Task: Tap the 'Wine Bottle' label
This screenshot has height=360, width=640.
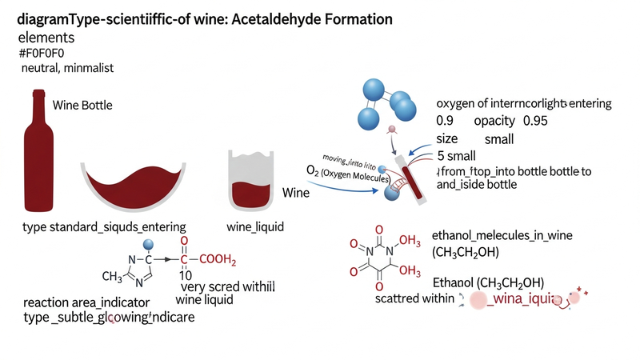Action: click(x=82, y=106)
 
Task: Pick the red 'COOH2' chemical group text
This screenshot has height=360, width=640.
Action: click(x=218, y=259)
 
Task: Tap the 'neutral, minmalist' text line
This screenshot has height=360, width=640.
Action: click(x=67, y=69)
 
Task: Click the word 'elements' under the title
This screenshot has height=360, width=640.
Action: click(x=46, y=37)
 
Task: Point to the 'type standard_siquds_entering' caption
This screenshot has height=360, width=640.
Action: click(x=104, y=227)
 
